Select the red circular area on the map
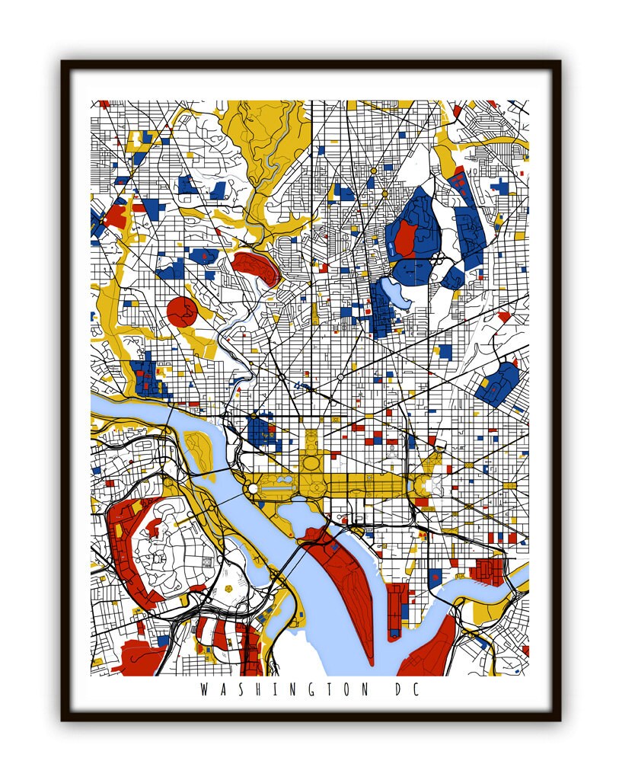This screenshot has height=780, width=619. [x=182, y=312]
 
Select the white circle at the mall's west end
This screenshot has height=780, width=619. [x=253, y=487]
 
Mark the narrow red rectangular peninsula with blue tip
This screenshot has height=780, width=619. [x=395, y=609]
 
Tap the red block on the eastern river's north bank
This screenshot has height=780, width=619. [x=487, y=571]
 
